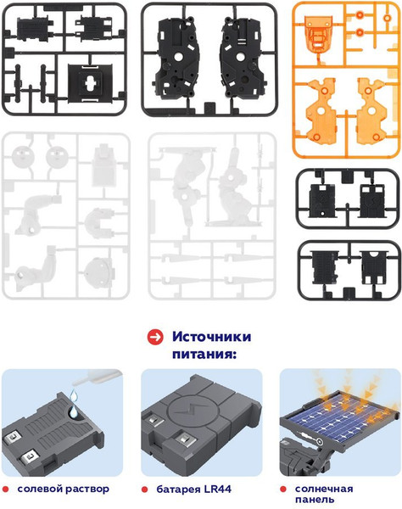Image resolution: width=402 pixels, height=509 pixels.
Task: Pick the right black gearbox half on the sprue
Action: pos(243,60)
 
